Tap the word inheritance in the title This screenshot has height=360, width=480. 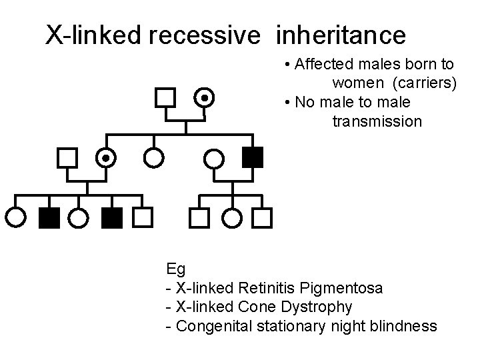click(x=339, y=34)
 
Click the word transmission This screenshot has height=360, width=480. click(x=377, y=121)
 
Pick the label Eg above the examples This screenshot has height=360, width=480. click(x=176, y=269)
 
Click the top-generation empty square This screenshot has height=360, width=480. click(x=164, y=99)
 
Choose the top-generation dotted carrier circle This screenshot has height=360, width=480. click(x=205, y=99)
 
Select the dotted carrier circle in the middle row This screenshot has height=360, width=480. click(x=105, y=157)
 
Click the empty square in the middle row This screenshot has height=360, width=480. click(x=66, y=157)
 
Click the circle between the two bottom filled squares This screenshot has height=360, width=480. click(x=79, y=217)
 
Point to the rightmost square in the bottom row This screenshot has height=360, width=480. click(x=265, y=217)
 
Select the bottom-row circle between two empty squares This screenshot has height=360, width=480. click(x=232, y=217)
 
